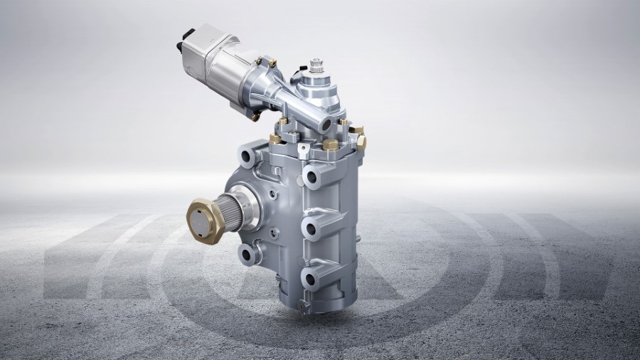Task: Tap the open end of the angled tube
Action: pos(326,125)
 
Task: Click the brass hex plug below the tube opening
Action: pos(330,144)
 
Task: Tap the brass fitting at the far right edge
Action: pos(361,142)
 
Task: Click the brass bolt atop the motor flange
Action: pos(272,62)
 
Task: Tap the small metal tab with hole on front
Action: pos(304,149)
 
